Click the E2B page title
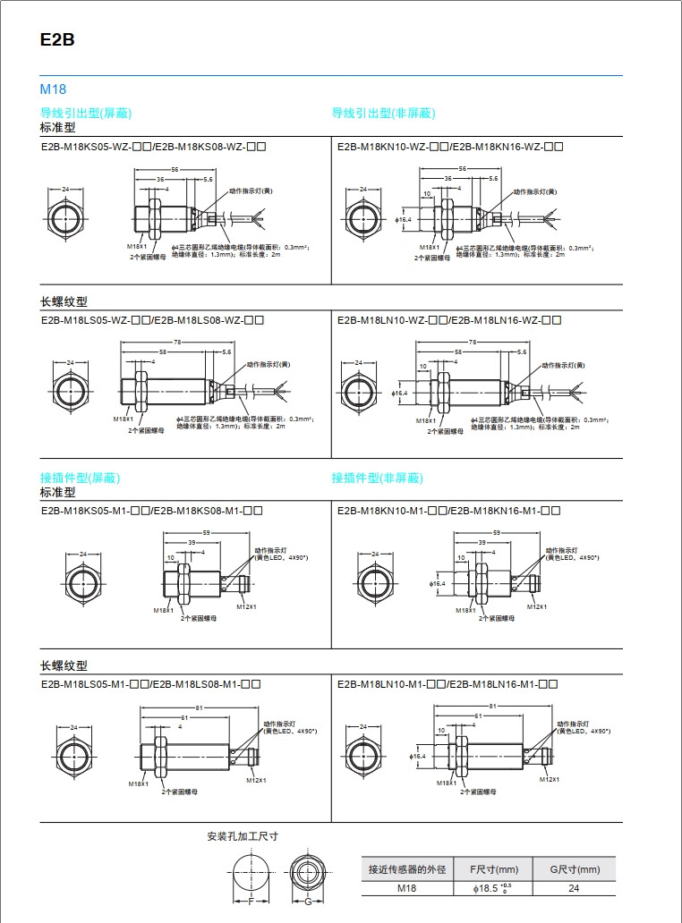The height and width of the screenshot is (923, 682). click(x=57, y=40)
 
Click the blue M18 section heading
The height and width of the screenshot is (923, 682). click(x=53, y=89)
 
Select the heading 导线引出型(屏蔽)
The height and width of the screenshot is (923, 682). click(x=86, y=113)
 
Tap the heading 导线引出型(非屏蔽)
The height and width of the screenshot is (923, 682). click(x=383, y=113)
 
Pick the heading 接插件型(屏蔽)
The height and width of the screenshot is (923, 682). click(x=80, y=478)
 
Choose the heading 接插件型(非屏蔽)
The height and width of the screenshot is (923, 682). click(x=377, y=478)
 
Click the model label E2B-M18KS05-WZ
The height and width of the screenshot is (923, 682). click(x=85, y=145)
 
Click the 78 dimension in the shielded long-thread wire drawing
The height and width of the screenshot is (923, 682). click(x=178, y=343)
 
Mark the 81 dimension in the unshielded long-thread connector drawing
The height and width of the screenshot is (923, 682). click(x=492, y=707)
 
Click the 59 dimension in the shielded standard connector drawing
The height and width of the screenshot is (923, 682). click(x=207, y=533)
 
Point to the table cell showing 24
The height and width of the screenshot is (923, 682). click(x=574, y=888)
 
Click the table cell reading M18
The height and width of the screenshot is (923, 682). click(x=407, y=888)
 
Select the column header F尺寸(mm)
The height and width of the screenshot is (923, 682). click(x=494, y=869)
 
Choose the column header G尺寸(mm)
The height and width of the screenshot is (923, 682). click(x=574, y=869)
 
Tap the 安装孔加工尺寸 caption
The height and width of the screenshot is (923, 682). click(x=243, y=836)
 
